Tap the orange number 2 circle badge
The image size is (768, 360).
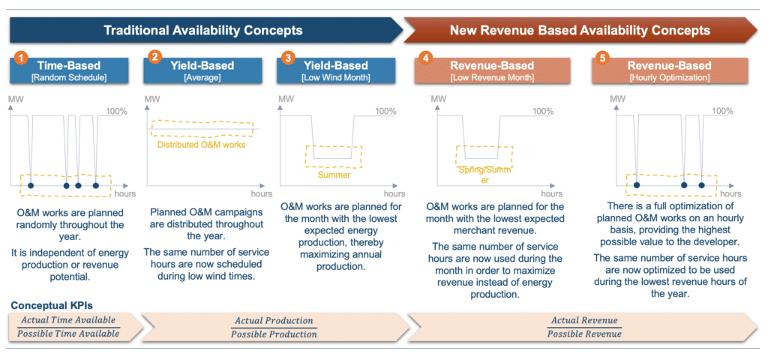pos(155,57)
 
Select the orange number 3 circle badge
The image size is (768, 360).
pos(288,57)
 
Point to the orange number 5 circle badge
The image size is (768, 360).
pos(602,57)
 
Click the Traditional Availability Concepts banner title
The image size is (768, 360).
pos(202,31)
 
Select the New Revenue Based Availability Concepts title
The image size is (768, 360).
pos(579,31)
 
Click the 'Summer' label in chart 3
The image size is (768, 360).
pos(334,175)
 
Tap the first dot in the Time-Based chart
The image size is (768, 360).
pos(30,185)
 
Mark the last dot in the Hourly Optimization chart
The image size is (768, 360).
pos(701,185)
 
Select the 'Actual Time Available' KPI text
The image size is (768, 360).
pos(70,320)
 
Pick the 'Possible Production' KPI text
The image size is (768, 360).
pos(274,334)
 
